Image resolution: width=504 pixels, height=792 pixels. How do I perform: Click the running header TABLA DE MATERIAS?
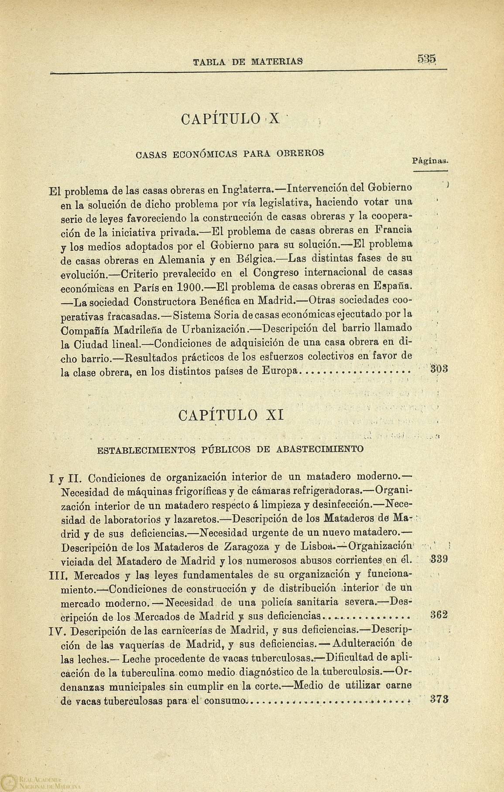[248, 61]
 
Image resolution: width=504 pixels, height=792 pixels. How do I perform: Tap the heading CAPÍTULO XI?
[232, 414]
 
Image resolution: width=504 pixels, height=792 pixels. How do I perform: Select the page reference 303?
[438, 369]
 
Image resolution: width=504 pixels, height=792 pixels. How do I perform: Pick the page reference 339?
[438, 560]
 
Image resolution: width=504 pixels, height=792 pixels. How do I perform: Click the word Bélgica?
[255, 259]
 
